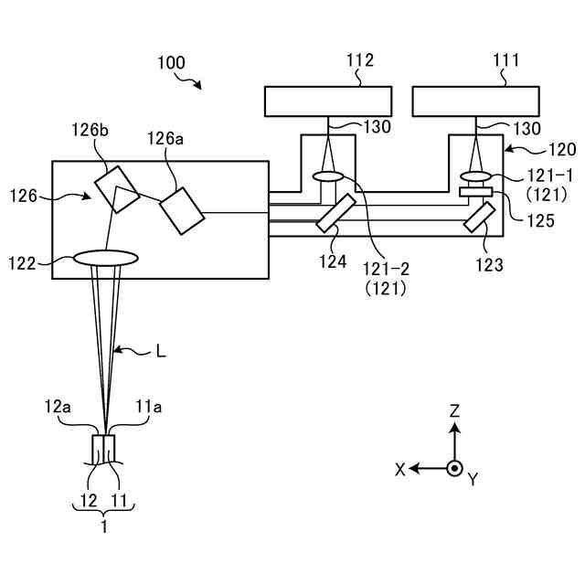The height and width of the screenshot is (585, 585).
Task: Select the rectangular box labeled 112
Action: tap(328, 101)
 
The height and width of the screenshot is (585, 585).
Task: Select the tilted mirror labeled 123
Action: tap(480, 216)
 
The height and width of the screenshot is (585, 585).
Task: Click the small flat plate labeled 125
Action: tap(475, 192)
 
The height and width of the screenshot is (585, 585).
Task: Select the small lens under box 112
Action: tap(327, 175)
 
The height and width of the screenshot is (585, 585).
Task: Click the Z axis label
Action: tap(454, 411)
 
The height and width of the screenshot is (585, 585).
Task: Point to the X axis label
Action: tap(400, 468)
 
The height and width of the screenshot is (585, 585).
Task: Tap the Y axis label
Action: tap(472, 479)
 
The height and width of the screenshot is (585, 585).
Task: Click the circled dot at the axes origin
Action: tap(454, 468)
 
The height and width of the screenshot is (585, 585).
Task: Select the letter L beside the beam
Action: tap(161, 351)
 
